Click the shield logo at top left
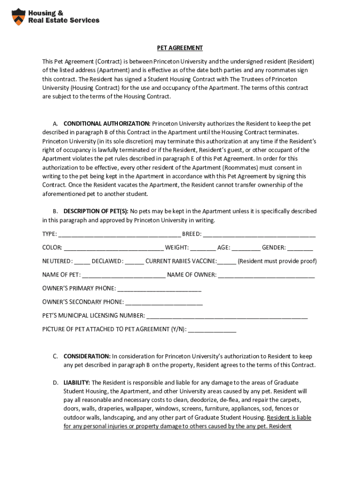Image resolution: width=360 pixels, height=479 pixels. [18, 16]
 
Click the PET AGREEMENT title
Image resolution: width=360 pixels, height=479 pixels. [180, 48]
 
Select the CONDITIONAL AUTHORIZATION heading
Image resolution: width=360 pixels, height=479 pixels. [107, 123]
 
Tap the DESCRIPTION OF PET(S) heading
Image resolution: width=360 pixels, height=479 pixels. [96, 211]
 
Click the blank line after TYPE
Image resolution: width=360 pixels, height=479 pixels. [119, 234]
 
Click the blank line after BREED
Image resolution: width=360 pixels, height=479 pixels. [259, 234]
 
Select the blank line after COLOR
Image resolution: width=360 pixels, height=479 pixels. [114, 247]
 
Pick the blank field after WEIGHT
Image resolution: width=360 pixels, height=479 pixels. [203, 247]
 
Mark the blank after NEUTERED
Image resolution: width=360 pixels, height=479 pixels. [82, 261]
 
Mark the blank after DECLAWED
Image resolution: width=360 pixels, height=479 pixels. [135, 261]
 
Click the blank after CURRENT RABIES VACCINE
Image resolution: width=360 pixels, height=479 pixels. [227, 261]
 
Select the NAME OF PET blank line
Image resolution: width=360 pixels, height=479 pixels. [123, 275]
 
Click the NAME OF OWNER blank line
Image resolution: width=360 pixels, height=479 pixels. [266, 275]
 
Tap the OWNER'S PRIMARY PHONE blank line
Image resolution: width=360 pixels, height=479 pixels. [159, 288]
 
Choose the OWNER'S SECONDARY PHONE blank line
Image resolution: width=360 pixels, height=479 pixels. [164, 302]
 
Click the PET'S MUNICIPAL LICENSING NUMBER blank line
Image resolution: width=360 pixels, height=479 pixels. [227, 315]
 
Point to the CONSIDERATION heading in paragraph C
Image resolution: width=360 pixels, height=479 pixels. [87, 356]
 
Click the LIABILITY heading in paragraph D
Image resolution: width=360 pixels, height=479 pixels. [77, 383]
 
